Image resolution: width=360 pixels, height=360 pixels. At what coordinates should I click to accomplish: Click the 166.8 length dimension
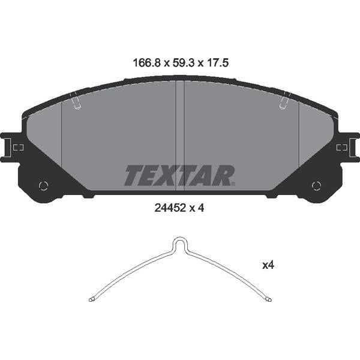[146, 62]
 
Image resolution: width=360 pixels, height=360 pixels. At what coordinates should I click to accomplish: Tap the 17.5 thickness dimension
[218, 62]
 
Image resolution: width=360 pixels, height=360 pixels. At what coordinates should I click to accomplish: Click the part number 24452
[170, 208]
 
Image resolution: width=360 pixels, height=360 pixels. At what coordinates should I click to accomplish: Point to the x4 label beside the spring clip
[268, 265]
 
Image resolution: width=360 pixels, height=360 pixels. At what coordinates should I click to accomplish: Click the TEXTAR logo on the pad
[179, 175]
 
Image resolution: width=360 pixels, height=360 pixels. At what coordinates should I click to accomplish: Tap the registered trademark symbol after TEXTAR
[233, 184]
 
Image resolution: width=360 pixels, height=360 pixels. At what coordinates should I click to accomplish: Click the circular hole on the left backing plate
[43, 185]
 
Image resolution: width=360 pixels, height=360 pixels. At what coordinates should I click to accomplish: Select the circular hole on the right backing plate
[316, 185]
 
